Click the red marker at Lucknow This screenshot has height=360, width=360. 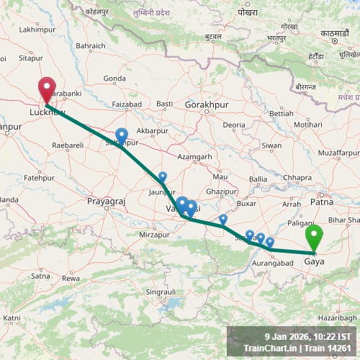(47, 91)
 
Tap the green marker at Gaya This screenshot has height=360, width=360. (314, 239)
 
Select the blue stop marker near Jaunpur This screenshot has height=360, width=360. (163, 177)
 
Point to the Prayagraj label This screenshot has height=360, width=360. (106, 202)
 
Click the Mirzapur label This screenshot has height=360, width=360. (155, 235)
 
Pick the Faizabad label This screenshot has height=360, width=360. (127, 104)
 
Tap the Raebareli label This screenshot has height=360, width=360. (69, 145)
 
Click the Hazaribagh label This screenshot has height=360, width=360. (336, 317)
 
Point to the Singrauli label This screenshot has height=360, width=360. (161, 292)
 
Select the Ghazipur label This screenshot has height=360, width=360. (220, 192)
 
